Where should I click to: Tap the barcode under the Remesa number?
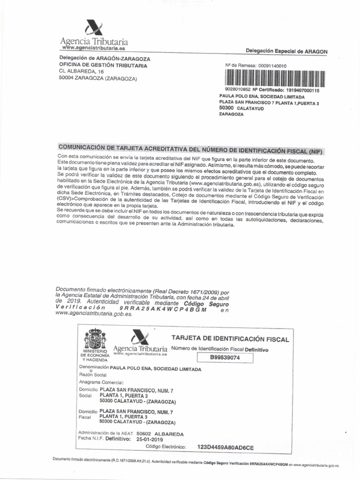coord(275,78)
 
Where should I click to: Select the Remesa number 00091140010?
coord(272,66)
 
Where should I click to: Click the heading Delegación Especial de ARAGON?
coord(286,51)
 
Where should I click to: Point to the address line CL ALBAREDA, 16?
coord(81,72)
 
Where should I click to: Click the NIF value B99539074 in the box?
coord(225,358)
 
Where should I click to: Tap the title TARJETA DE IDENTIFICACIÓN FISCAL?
coord(230,339)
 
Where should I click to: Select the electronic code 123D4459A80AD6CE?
coord(225,447)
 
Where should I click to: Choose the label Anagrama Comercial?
coord(101,382)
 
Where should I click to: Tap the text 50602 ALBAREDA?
coord(160,434)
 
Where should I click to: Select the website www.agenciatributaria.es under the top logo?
coord(93,48)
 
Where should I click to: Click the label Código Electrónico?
coord(166,447)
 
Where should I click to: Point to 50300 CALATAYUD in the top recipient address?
coord(241,108)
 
